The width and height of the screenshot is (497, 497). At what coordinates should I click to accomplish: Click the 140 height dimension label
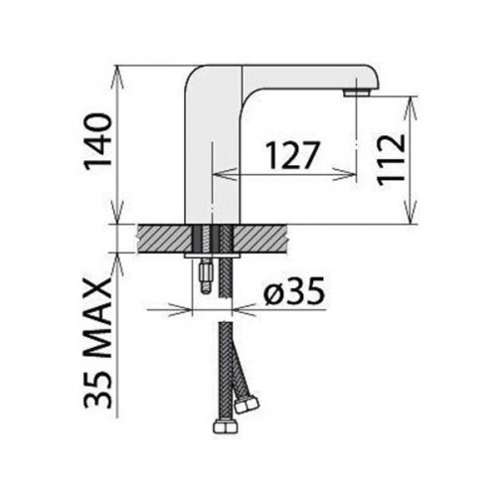coord(97,142)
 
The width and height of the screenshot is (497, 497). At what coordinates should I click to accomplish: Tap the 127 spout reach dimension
coord(293,155)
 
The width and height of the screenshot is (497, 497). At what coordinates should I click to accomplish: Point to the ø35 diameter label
coord(294,291)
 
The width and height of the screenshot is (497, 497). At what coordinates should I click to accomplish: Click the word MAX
coord(97,319)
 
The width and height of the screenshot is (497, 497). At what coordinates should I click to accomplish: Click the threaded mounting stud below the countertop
coord(207,277)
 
